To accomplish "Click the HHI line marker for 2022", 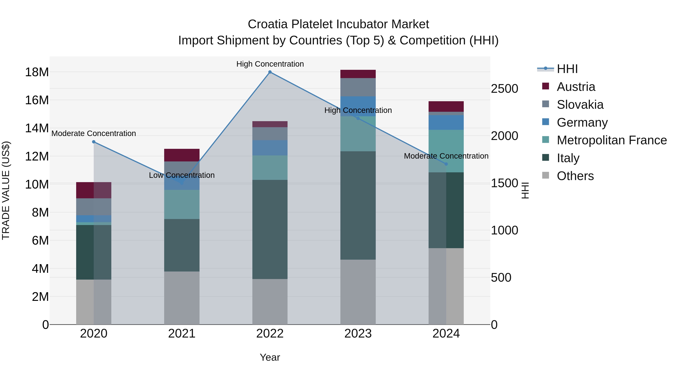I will point(270,72).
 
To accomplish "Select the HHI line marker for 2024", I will point(446,164).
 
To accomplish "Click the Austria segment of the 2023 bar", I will point(358,74).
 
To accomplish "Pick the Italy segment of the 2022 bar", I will point(270,229).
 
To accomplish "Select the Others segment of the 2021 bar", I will point(182,298).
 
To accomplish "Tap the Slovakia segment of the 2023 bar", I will point(358,87).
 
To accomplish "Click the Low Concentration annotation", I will point(182,175).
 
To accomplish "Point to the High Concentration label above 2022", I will point(270,64).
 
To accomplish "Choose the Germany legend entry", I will point(582,122).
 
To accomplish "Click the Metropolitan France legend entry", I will point(612,140).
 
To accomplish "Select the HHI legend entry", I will point(567,69).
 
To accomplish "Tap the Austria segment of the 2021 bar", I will point(182,155).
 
